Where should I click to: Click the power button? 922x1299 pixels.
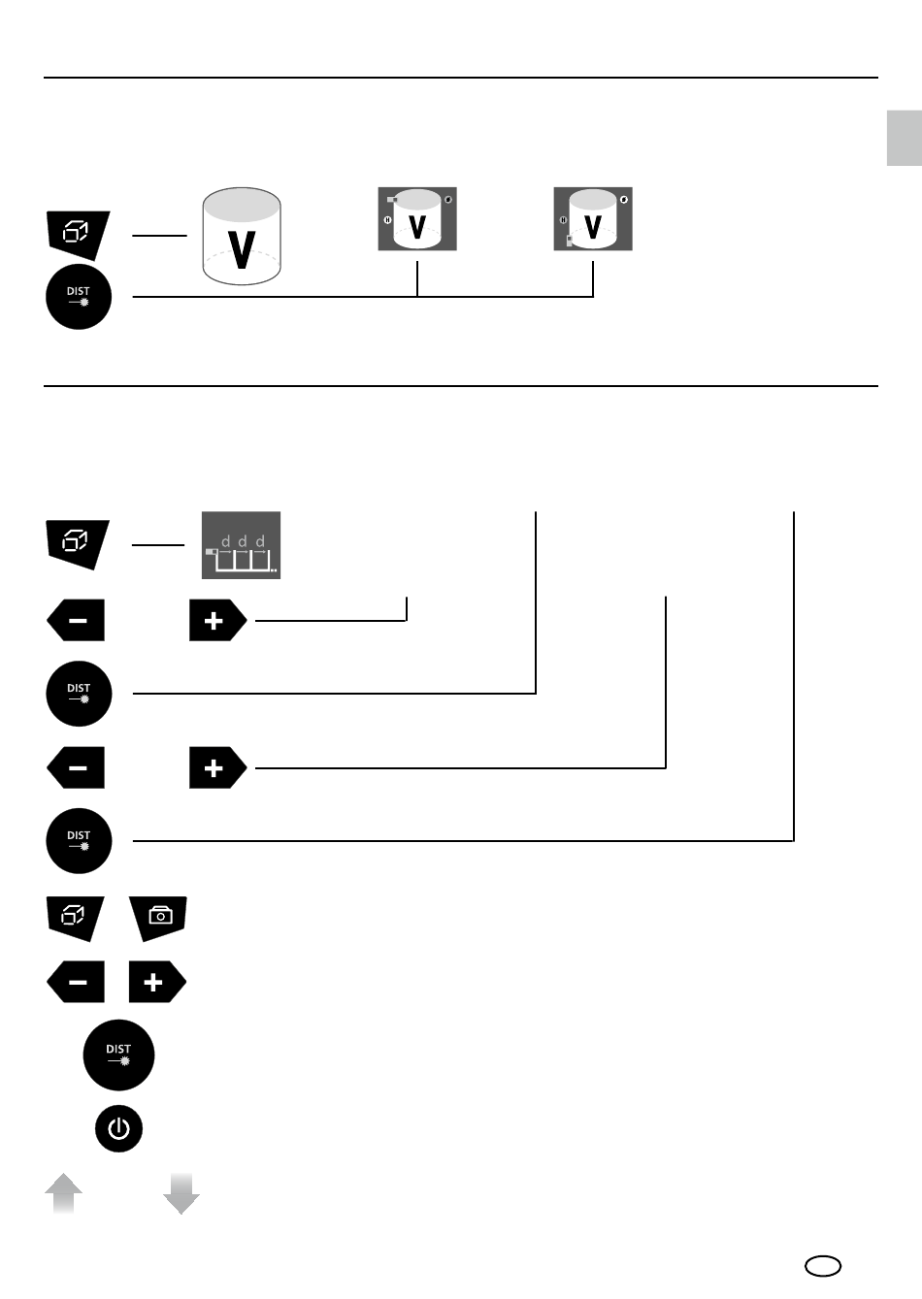[118, 1128]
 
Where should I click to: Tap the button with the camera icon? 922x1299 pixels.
[158, 916]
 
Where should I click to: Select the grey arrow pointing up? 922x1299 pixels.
[63, 1193]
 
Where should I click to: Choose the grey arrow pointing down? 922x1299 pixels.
[181, 1193]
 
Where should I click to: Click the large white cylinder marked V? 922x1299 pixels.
[242, 236]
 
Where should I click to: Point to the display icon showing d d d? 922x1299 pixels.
[241, 545]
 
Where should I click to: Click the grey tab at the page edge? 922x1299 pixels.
[904, 138]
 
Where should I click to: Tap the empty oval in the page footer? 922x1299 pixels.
[823, 1266]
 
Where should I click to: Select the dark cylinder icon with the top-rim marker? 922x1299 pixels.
[417, 219]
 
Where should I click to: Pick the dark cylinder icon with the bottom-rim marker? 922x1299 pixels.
[593, 219]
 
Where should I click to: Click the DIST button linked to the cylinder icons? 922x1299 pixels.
[79, 297]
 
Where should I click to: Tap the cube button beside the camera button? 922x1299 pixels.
[76, 916]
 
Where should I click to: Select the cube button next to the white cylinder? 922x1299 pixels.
[78, 233]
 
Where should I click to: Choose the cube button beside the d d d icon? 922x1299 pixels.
[78, 543]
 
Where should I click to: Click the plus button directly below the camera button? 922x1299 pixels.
[156, 983]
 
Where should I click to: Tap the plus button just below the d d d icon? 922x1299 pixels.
[216, 621]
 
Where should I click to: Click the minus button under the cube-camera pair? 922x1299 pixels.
[77, 983]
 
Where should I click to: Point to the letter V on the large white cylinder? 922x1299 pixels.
[242, 248]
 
